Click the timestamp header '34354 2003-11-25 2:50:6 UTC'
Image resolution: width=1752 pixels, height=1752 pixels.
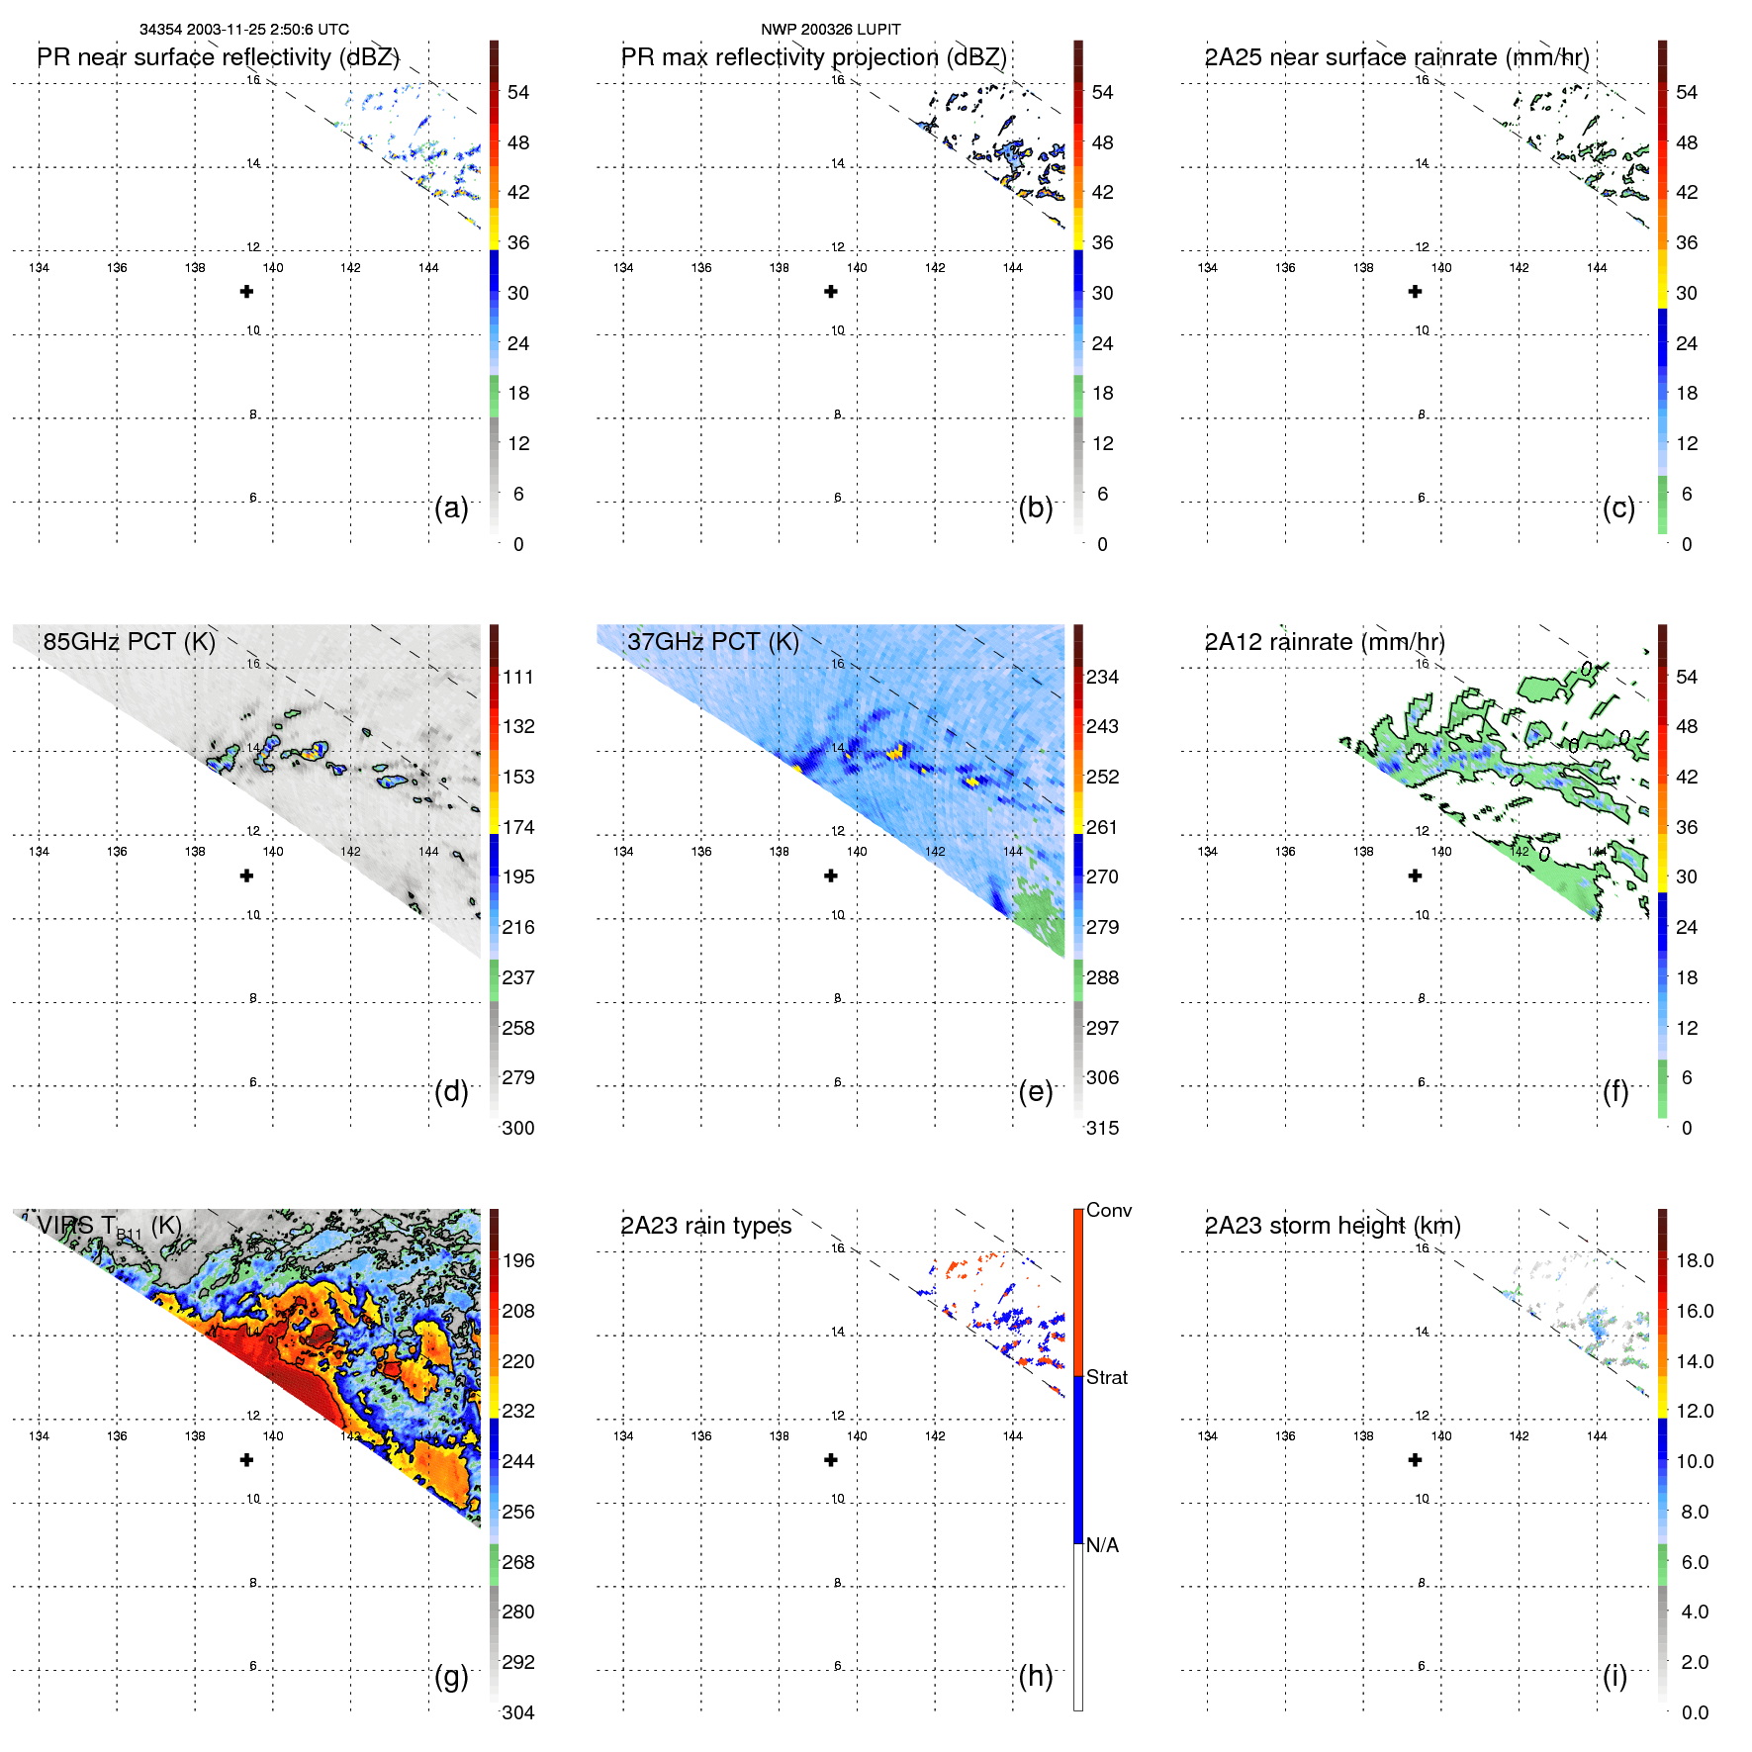(243, 30)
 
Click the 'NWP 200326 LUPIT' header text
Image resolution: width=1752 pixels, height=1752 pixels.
(830, 30)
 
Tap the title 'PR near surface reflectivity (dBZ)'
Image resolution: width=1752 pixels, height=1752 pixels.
(218, 57)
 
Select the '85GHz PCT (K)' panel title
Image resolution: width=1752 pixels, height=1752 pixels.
(129, 642)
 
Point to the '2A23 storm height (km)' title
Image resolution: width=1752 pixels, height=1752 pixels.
(1332, 1226)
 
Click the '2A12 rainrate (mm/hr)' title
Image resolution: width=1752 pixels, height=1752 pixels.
(1324, 642)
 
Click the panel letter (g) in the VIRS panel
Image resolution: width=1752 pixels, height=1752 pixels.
(451, 1676)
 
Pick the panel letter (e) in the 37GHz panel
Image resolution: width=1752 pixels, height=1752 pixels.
(1035, 1092)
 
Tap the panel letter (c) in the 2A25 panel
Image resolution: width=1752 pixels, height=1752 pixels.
(1618, 508)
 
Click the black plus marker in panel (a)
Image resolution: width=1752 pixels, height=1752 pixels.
(246, 292)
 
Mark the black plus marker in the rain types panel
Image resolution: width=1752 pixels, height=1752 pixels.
(831, 1460)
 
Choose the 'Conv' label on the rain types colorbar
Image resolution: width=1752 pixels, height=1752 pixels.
(1108, 1211)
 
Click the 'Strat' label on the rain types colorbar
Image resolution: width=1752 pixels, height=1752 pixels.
(1106, 1378)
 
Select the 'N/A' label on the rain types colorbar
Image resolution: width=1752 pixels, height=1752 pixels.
(1102, 1545)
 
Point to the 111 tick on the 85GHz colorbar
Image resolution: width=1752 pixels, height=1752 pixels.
(517, 678)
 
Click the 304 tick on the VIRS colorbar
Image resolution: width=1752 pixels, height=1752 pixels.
(517, 1712)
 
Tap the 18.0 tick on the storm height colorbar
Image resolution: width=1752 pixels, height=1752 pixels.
(1694, 1261)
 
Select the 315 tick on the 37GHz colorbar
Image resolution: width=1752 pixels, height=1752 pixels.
(1102, 1129)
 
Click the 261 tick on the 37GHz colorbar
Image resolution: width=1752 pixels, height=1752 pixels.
(1102, 828)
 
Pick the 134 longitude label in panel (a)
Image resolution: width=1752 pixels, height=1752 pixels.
(39, 268)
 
